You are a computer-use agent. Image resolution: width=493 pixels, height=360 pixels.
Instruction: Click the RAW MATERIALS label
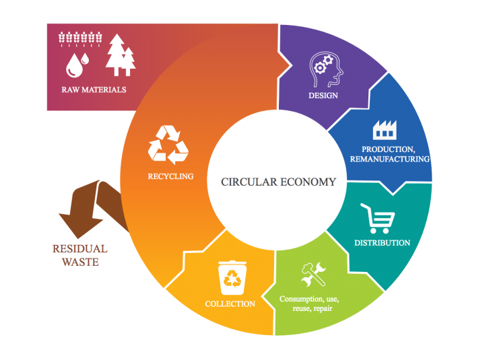coord(94,90)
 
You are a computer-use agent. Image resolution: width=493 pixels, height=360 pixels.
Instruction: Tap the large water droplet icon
coord(74,65)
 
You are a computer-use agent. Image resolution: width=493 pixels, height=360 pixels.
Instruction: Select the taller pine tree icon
coord(116,55)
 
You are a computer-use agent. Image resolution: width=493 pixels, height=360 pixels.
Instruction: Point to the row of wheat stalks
coord(80,39)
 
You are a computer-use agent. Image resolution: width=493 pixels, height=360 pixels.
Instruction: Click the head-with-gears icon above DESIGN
coord(326,69)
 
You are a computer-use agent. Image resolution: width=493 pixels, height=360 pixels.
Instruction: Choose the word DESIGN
coord(323,96)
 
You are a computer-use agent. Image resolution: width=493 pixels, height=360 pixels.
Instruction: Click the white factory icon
coord(385,130)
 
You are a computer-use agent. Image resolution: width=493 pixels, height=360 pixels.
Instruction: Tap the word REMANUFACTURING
coord(390,159)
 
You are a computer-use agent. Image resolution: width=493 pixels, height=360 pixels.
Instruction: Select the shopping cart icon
coord(378,218)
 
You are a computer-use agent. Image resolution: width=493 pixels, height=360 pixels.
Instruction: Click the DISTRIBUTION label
coord(383,243)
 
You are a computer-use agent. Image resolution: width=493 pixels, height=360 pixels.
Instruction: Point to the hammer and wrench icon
coord(313,274)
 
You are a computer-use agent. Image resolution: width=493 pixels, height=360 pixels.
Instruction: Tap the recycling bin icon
coord(232,278)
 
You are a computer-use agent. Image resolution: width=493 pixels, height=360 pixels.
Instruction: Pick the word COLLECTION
coord(230,304)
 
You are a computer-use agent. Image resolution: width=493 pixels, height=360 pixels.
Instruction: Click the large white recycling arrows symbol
coord(168,145)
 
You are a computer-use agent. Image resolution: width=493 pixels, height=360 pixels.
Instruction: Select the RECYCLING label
coord(170,176)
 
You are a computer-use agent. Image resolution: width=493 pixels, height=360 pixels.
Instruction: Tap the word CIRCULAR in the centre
coord(249,182)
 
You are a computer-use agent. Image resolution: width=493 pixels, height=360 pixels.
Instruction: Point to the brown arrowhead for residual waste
coord(81,223)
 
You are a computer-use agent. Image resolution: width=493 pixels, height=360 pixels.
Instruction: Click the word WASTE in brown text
coord(81,262)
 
